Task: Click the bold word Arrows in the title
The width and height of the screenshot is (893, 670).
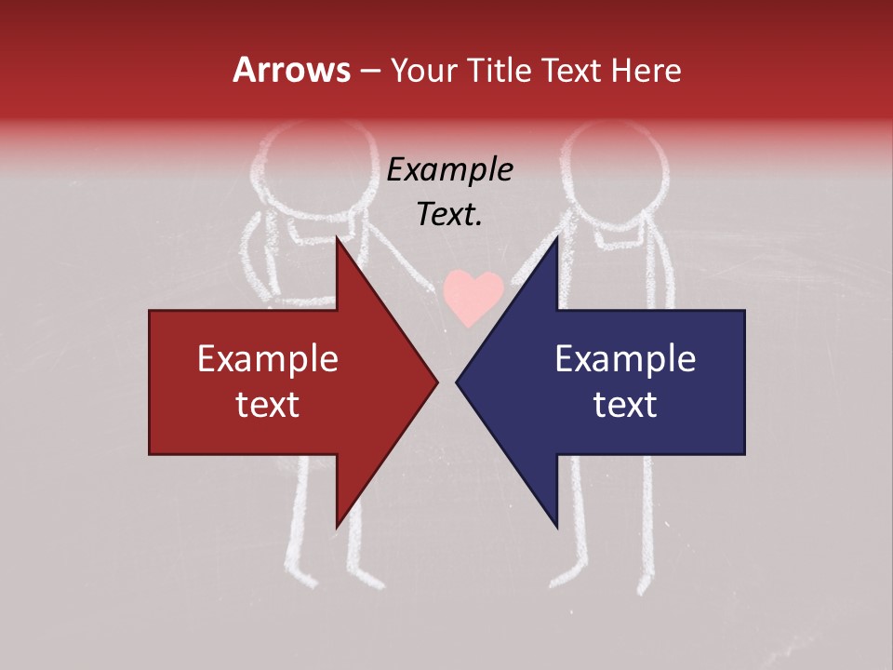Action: click(292, 70)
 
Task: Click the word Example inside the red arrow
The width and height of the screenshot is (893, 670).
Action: click(268, 358)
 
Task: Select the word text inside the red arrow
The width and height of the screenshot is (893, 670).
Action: click(268, 404)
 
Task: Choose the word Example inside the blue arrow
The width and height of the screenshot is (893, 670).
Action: click(625, 358)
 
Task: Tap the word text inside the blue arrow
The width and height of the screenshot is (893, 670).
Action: click(625, 404)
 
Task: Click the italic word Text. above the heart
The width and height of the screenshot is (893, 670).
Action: click(449, 215)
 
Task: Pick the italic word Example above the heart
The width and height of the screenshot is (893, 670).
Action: click(449, 170)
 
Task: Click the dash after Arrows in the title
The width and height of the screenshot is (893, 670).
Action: click(369, 71)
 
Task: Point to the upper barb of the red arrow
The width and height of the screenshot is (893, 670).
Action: click(338, 244)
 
